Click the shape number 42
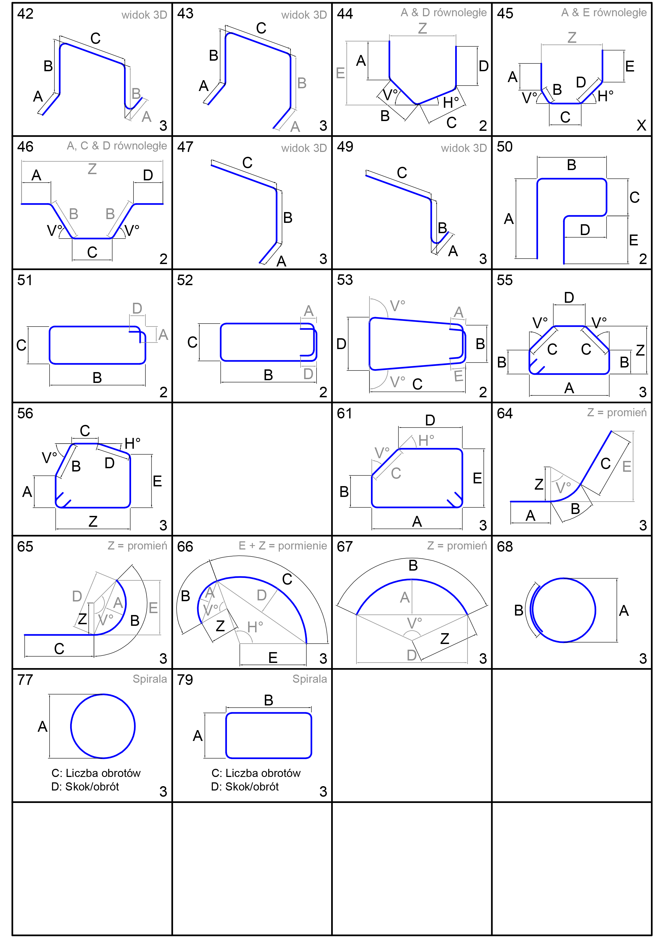click(25, 14)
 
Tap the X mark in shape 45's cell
click(641, 125)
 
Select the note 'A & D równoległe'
click(444, 13)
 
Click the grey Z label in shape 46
click(92, 169)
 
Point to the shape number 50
click(505, 147)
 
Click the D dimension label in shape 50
click(585, 230)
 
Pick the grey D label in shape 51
click(137, 308)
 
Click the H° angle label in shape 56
click(132, 443)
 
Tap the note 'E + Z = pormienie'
click(283, 546)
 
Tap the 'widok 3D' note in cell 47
click(304, 148)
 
